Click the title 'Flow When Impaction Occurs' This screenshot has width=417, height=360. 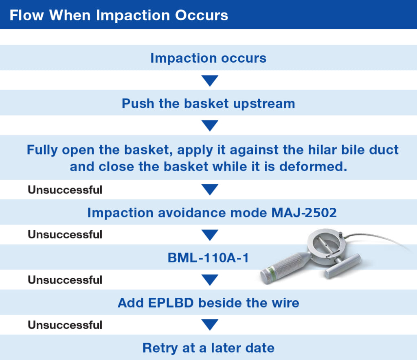(119, 15)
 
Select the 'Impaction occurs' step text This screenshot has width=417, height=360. (208, 58)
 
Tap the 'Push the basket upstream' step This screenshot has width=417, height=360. (208, 103)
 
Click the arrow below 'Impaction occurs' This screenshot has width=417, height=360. (210, 81)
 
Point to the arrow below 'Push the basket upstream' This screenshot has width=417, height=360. (210, 126)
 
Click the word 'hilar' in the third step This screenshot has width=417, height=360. (323, 150)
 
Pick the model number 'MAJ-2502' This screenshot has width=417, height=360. (304, 213)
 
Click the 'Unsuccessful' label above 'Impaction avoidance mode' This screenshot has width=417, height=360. (65, 190)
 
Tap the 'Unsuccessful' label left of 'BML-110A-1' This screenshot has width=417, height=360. (65, 234)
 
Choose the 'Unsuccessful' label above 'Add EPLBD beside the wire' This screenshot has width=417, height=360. (65, 280)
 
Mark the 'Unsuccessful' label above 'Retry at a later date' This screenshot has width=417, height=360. (65, 325)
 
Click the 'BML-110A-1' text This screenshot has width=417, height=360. (208, 258)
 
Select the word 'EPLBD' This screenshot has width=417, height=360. (171, 303)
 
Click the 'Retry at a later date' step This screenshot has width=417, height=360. (208, 348)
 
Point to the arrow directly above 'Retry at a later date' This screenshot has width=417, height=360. (210, 325)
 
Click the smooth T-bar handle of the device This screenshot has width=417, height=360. (342, 266)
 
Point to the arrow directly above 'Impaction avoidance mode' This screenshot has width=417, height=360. (210, 190)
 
